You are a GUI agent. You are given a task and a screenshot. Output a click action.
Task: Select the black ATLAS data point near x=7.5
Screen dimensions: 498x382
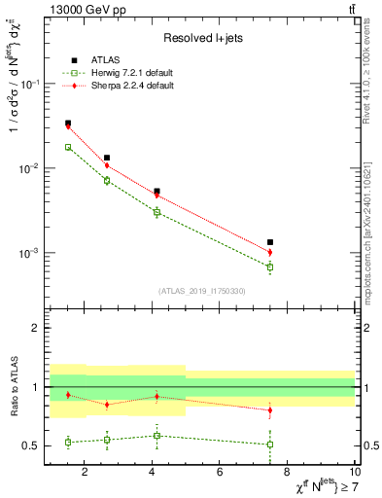tap(270, 242)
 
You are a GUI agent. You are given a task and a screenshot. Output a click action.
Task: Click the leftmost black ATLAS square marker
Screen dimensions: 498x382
tap(67, 124)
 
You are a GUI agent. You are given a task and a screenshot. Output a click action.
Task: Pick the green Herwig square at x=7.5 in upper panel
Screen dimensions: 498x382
tap(270, 267)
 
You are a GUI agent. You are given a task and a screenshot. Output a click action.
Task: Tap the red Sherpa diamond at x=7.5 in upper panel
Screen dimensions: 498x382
tap(270, 252)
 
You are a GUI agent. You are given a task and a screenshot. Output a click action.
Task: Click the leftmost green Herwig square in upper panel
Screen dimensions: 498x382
tap(67, 147)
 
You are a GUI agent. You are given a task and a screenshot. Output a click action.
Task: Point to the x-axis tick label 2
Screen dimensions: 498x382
tap(85, 473)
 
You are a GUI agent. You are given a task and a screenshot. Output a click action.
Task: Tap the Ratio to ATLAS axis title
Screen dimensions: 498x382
tap(14, 386)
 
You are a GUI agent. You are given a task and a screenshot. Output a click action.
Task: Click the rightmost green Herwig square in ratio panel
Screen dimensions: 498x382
tap(270, 445)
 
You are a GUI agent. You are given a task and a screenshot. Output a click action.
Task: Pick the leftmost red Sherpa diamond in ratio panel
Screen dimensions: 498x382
tap(67, 395)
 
